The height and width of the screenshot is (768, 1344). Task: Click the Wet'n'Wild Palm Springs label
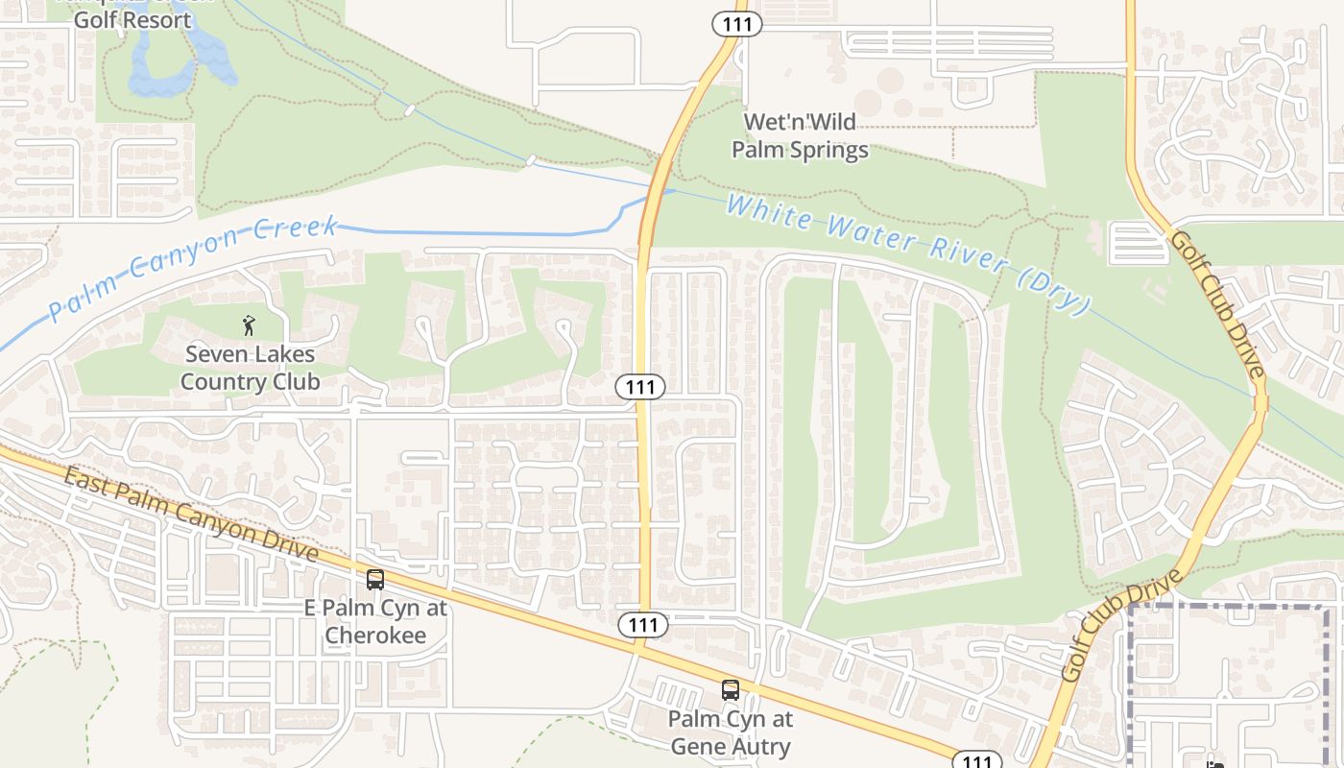[x=800, y=136]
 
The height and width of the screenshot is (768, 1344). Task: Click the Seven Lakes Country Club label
[x=250, y=368]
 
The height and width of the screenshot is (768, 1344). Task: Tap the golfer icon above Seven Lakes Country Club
[x=250, y=325]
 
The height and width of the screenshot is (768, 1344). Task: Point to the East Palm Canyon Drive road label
[x=191, y=515]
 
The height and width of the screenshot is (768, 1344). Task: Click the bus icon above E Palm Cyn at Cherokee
[x=375, y=580]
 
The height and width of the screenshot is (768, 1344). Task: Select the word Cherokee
[x=375, y=636]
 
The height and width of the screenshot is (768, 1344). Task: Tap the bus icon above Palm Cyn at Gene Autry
[x=731, y=690]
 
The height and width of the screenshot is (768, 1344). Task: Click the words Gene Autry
[x=731, y=746]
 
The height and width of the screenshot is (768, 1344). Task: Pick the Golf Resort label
[x=131, y=19]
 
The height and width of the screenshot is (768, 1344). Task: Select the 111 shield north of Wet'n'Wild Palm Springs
[x=736, y=25]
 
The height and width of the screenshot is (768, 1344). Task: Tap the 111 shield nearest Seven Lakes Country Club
[x=640, y=387]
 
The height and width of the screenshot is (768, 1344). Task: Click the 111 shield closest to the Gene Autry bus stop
[x=642, y=625]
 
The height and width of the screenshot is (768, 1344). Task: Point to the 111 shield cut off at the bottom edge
[x=976, y=760]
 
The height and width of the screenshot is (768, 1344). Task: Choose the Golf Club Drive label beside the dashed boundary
[x=1120, y=625]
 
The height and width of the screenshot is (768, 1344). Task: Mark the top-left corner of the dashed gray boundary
[x=1130, y=607]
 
